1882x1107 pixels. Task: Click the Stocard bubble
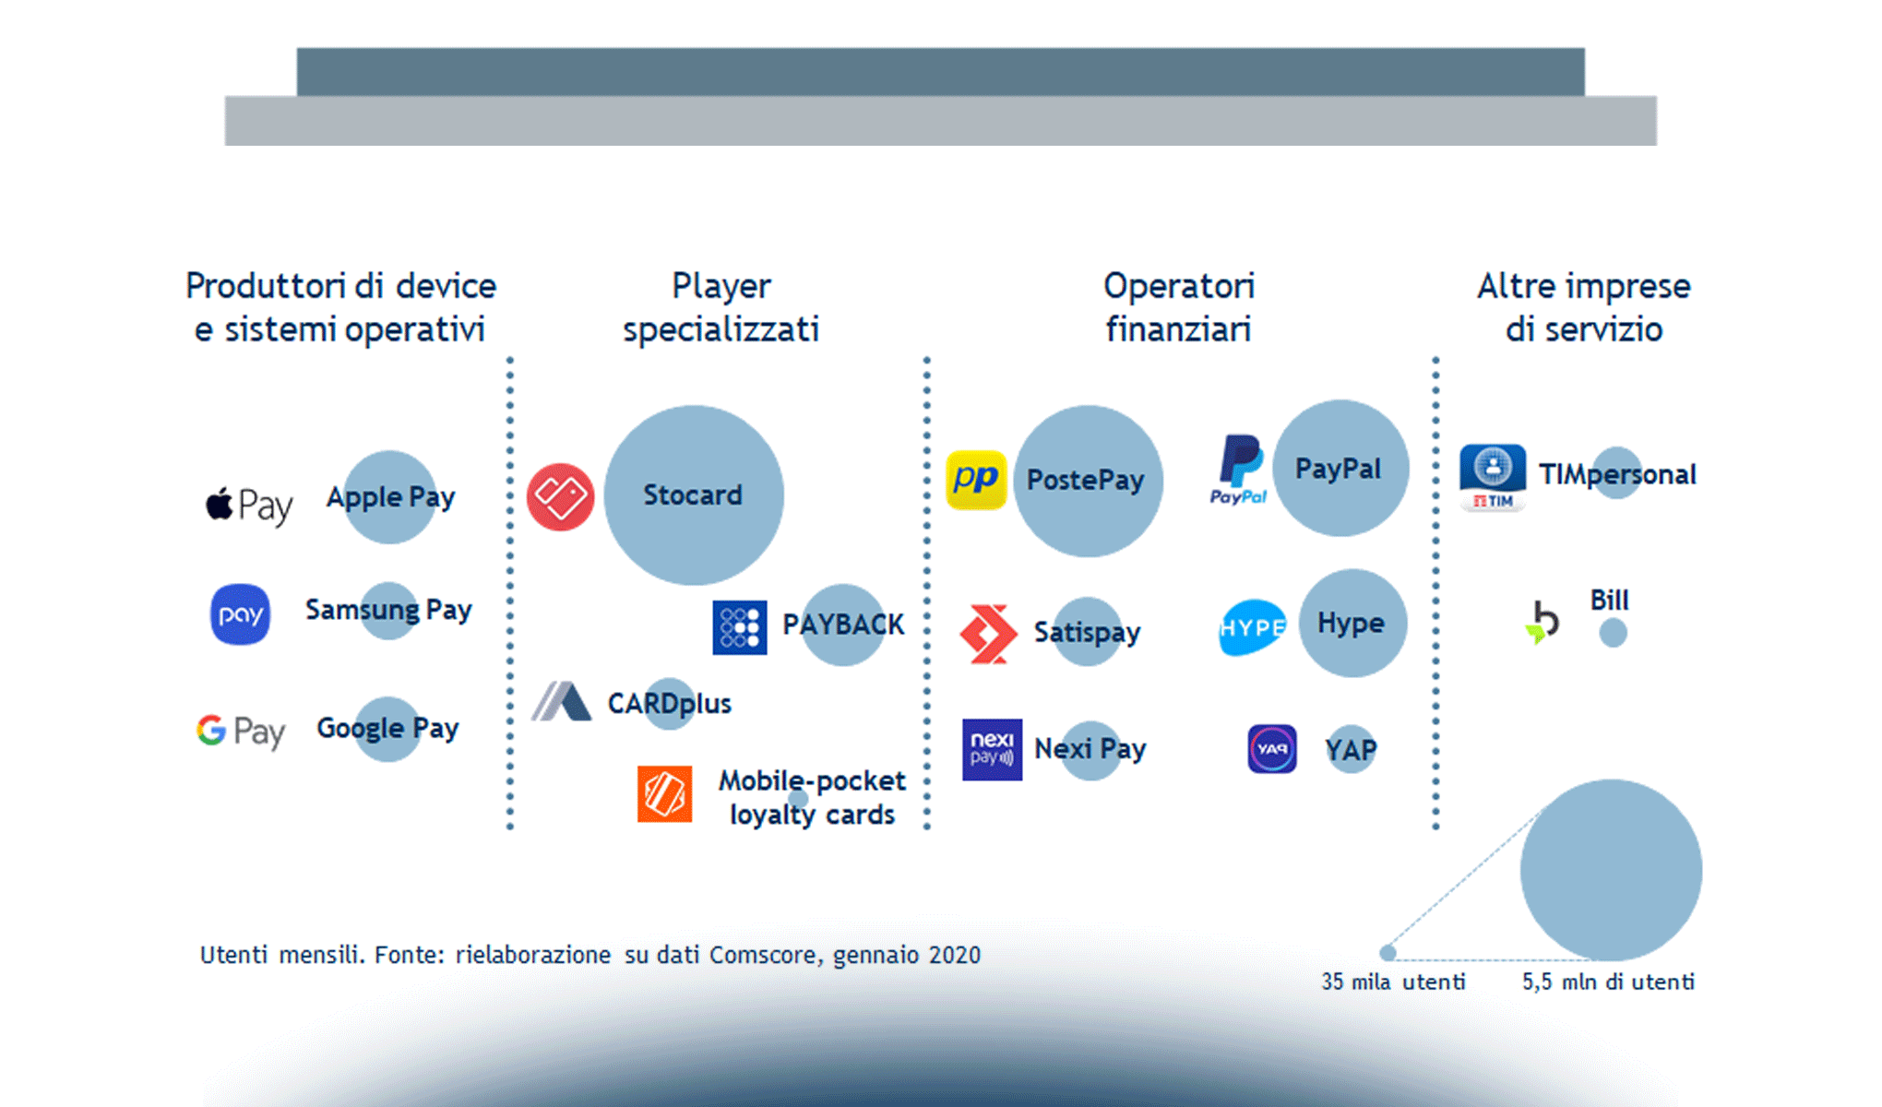[x=694, y=495]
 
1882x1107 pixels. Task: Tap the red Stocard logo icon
[x=560, y=496]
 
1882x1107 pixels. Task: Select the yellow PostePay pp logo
[x=976, y=479]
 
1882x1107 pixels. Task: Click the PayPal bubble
[x=1340, y=468]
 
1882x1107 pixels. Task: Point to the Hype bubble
[x=1352, y=623]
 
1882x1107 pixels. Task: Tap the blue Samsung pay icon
[x=240, y=614]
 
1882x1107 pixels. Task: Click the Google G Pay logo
[x=240, y=731]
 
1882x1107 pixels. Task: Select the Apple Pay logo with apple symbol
[x=248, y=505]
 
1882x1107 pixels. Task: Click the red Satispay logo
[x=988, y=634]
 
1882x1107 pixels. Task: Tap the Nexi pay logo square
[x=992, y=749]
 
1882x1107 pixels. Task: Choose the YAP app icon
[x=1271, y=749]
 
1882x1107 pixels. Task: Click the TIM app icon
[x=1492, y=477]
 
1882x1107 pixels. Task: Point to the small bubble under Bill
[x=1613, y=633]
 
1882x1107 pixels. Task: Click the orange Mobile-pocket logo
[x=664, y=793]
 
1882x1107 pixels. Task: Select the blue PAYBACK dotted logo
[x=739, y=627]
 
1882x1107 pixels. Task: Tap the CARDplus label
[x=669, y=704]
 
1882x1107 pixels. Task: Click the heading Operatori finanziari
[x=1178, y=307]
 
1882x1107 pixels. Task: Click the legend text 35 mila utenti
[x=1392, y=982]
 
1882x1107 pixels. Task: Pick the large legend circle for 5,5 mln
[x=1611, y=870]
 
